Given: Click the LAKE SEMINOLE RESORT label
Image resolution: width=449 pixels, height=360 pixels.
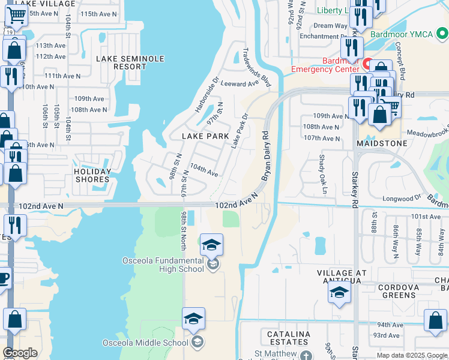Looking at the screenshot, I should [x=121, y=62].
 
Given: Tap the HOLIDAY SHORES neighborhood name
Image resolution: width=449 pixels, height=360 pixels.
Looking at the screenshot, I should [x=92, y=175].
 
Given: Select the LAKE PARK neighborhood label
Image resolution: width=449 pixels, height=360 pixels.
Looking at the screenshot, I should [x=205, y=136].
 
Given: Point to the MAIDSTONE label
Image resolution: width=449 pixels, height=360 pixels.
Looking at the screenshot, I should [x=382, y=144].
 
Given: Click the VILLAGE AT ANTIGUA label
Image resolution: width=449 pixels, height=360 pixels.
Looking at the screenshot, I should [x=341, y=277].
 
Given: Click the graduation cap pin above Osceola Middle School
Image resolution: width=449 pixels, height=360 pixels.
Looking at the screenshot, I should [x=193, y=319].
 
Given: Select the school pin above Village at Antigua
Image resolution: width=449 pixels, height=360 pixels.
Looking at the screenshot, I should [x=339, y=292].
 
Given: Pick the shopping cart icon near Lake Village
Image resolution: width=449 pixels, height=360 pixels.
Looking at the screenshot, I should [x=16, y=17].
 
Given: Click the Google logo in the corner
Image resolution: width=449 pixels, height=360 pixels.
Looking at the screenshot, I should [x=20, y=353].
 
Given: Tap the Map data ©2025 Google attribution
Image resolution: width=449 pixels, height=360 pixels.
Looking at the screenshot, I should [x=411, y=355].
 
